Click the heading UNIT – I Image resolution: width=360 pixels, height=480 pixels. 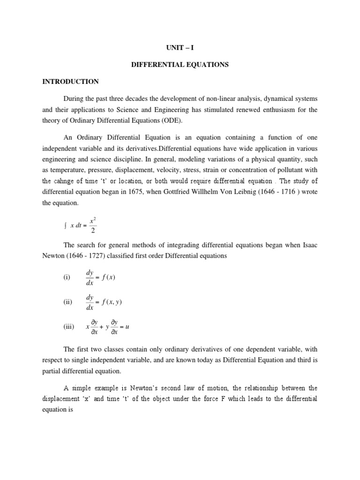(180, 48)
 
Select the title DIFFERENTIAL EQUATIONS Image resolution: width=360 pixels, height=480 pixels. (180, 65)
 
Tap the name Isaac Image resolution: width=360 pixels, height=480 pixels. (308, 246)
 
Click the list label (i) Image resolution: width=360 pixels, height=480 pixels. (67, 277)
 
